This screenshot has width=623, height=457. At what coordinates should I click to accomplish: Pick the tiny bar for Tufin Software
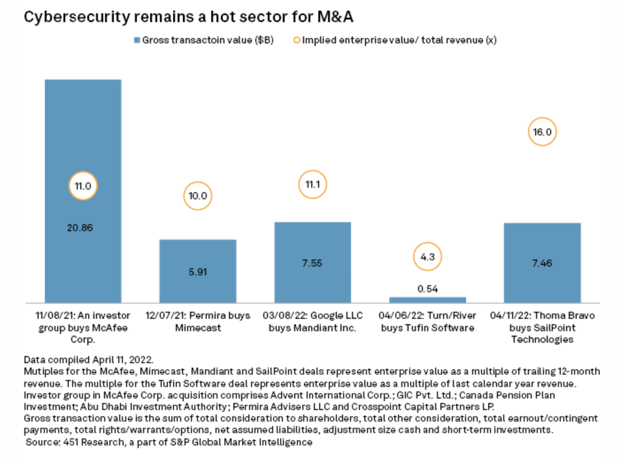428,299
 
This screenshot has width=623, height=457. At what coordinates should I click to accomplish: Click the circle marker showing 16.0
542,132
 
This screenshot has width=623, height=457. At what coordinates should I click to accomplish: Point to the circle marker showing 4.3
427,257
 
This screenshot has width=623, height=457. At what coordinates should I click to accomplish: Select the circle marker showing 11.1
312,185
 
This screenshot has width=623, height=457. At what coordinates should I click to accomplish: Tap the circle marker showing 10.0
198,197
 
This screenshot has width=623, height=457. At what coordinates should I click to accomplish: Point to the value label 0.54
427,288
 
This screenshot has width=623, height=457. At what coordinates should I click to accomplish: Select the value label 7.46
542,263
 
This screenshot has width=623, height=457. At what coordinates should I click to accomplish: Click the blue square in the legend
137,40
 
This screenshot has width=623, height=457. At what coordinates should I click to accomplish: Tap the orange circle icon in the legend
296,40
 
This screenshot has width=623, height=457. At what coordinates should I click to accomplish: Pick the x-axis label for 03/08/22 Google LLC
313,321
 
